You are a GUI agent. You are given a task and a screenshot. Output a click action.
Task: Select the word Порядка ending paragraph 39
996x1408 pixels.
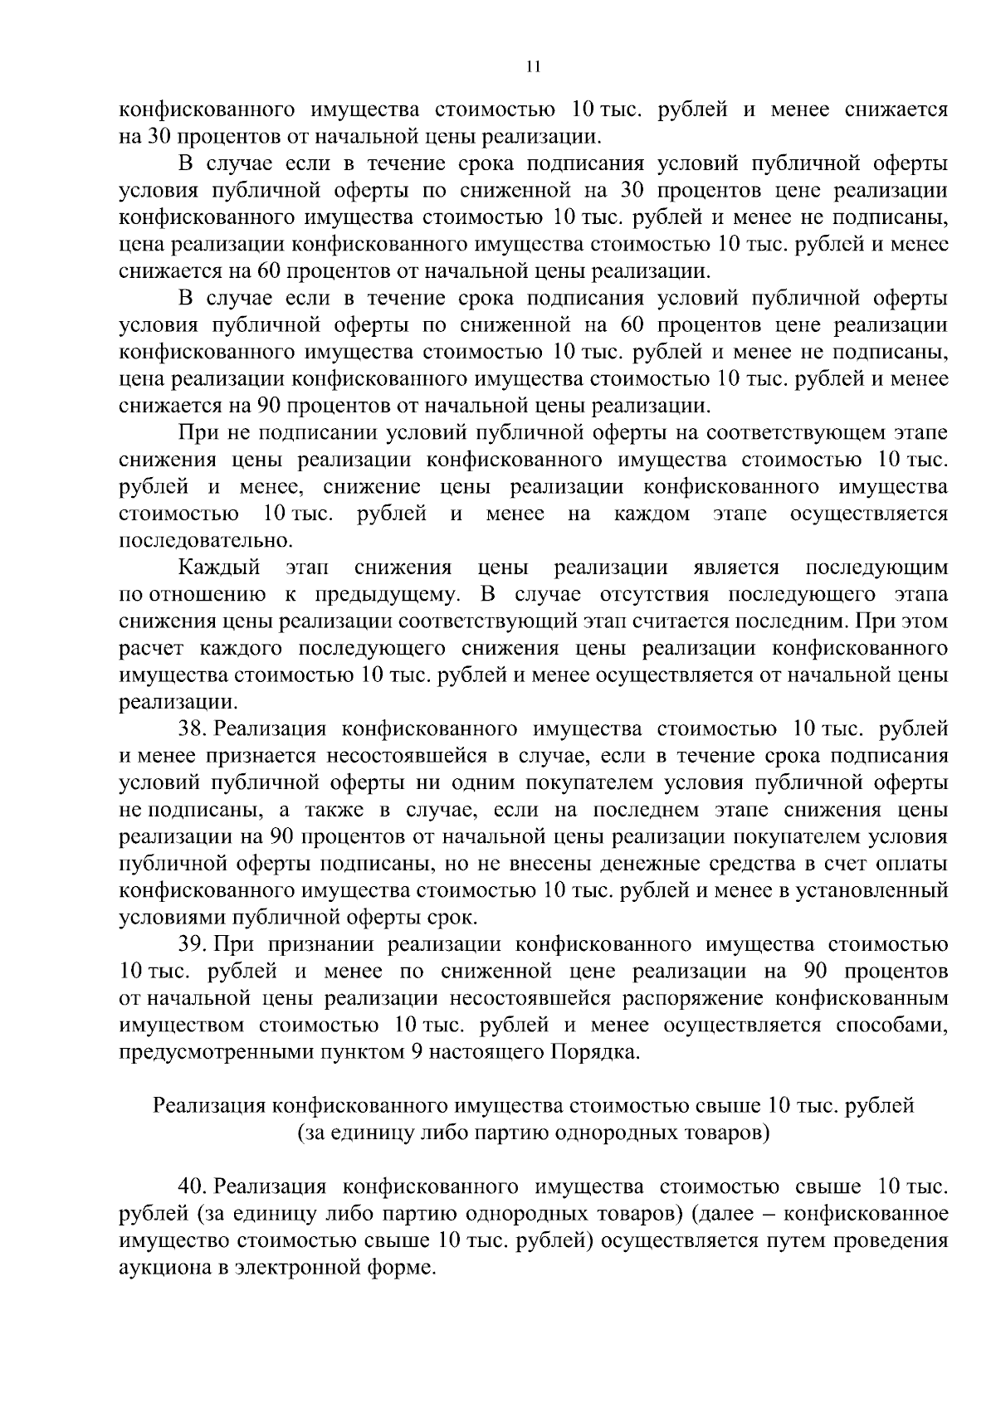pyautogui.click(x=594, y=1052)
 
